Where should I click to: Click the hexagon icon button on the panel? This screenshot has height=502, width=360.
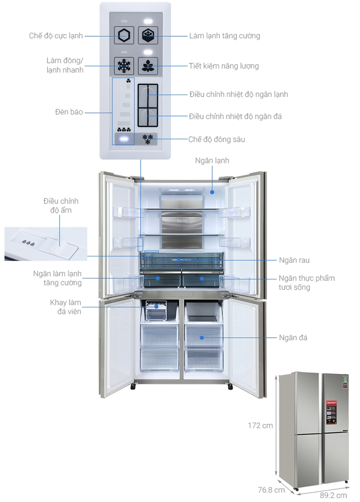click(x=123, y=35)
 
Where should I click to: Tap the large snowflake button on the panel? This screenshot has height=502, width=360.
click(x=123, y=66)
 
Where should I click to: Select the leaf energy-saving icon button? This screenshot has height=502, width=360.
click(x=147, y=66)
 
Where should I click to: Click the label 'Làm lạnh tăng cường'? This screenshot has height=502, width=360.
click(x=225, y=36)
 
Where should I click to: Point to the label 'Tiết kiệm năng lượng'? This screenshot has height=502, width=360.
click(x=224, y=66)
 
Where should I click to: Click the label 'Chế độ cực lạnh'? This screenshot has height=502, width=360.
click(x=55, y=35)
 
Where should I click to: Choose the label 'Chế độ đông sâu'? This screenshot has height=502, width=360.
click(x=216, y=139)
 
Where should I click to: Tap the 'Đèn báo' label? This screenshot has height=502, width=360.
click(x=69, y=112)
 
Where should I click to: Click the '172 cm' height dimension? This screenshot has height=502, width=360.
click(x=260, y=426)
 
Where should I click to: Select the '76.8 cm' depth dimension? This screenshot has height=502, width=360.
click(x=272, y=490)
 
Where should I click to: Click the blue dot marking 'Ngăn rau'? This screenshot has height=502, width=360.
click(x=179, y=260)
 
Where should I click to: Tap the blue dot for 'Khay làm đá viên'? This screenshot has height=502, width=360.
click(x=156, y=306)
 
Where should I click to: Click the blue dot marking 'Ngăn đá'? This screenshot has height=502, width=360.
click(x=201, y=337)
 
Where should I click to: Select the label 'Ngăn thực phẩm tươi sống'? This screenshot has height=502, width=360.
click(x=307, y=282)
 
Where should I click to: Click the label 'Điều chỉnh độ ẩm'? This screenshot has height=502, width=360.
click(x=61, y=205)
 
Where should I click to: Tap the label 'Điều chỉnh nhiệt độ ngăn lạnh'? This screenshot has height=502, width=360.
click(x=239, y=94)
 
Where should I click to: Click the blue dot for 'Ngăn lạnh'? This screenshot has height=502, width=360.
click(x=212, y=192)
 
